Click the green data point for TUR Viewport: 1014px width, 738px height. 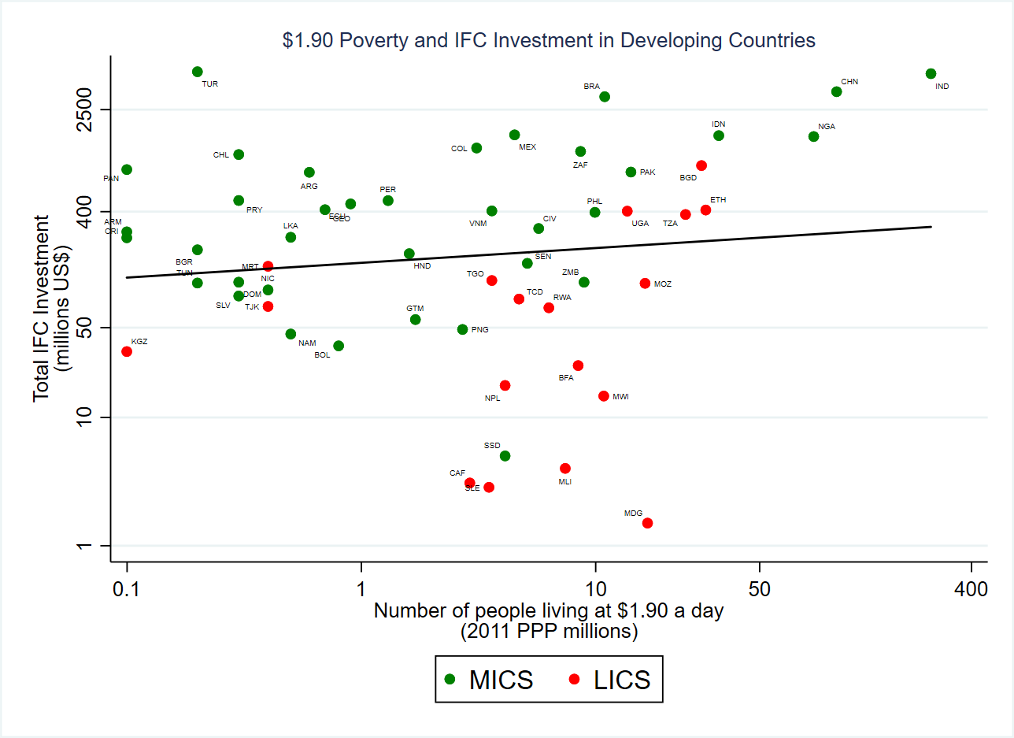[x=198, y=72]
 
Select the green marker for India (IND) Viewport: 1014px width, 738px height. [x=931, y=73]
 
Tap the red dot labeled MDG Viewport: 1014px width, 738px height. [x=647, y=523]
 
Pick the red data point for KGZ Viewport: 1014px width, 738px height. [x=127, y=351]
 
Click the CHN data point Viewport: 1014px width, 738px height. [x=836, y=91]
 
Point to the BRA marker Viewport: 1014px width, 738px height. [x=605, y=97]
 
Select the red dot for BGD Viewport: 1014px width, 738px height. [x=701, y=165]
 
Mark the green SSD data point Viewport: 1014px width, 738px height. [x=505, y=456]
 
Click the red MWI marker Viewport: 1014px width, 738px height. [x=604, y=396]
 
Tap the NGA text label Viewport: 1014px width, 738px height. [x=826, y=126]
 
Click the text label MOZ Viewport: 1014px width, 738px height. [x=662, y=284]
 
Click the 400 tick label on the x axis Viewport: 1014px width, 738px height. [x=971, y=588]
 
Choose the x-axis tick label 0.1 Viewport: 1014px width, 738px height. [x=127, y=588]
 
